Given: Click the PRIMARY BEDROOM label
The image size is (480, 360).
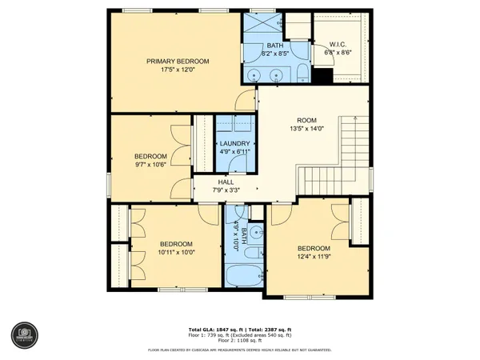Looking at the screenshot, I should [177, 61].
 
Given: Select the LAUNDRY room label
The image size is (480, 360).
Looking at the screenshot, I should [234, 144].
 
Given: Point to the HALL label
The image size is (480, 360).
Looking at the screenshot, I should [226, 182].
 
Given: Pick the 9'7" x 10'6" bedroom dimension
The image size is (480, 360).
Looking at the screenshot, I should [150, 165].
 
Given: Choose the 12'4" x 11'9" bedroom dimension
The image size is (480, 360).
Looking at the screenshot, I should [314, 257].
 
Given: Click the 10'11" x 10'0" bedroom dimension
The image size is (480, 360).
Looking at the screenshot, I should [177, 253].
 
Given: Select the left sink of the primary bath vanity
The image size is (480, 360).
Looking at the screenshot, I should [254, 77].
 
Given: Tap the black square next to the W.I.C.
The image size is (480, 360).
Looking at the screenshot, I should [322, 77].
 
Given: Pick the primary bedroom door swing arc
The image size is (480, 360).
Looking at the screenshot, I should [242, 100].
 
